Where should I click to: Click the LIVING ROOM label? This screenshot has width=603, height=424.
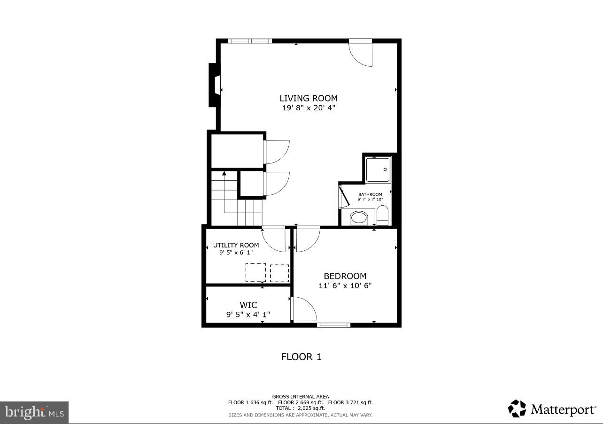coord(309,98)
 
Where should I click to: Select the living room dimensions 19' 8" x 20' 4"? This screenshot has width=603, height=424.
coord(309,108)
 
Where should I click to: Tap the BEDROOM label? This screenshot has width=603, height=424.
coord(345,276)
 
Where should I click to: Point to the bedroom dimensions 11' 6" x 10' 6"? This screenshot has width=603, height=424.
coord(345,285)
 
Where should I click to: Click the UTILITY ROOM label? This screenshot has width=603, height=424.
coord(236,245)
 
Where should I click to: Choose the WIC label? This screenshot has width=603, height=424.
coord(248,305)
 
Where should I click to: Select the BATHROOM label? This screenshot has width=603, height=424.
coord(370,194)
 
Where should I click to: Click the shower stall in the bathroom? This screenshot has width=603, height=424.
coord(379,169)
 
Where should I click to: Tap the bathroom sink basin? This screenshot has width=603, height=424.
coord(360,218)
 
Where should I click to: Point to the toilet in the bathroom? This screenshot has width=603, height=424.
coord(383,216)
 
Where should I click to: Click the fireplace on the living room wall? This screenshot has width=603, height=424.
coord(215,85)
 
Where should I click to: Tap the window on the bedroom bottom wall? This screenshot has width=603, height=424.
coord(333,324)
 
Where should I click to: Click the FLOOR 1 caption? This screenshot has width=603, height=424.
coord(301,357)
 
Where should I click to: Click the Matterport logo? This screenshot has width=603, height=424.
coord(552,409)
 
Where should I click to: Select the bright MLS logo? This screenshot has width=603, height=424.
coord(34,412)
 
